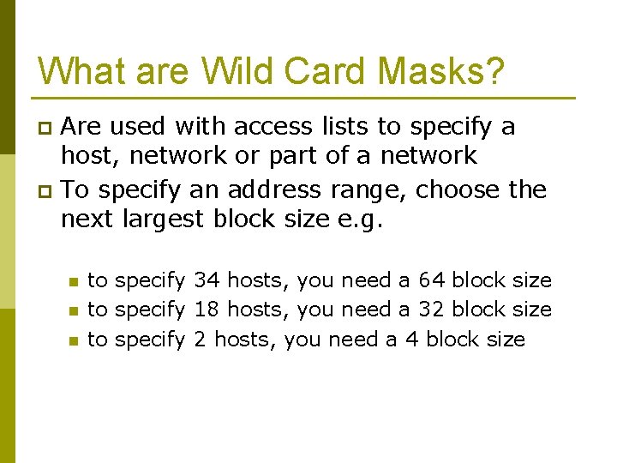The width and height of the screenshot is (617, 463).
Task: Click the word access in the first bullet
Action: click(277, 127)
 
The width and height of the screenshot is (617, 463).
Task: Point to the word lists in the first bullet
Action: click(349, 127)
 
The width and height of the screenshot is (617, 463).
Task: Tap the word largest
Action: click(163, 219)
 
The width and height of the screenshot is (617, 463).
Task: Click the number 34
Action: click(207, 280)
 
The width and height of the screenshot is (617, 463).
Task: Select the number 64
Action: click(432, 280)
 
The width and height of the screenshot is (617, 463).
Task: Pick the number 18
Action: click(207, 310)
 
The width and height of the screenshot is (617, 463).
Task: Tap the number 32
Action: click(432, 310)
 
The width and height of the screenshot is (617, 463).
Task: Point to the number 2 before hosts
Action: click(200, 340)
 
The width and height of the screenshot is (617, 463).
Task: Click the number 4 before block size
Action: click(411, 340)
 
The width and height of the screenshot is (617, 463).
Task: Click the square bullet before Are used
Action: click(46, 129)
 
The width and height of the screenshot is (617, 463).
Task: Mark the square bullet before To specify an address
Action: click(46, 190)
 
